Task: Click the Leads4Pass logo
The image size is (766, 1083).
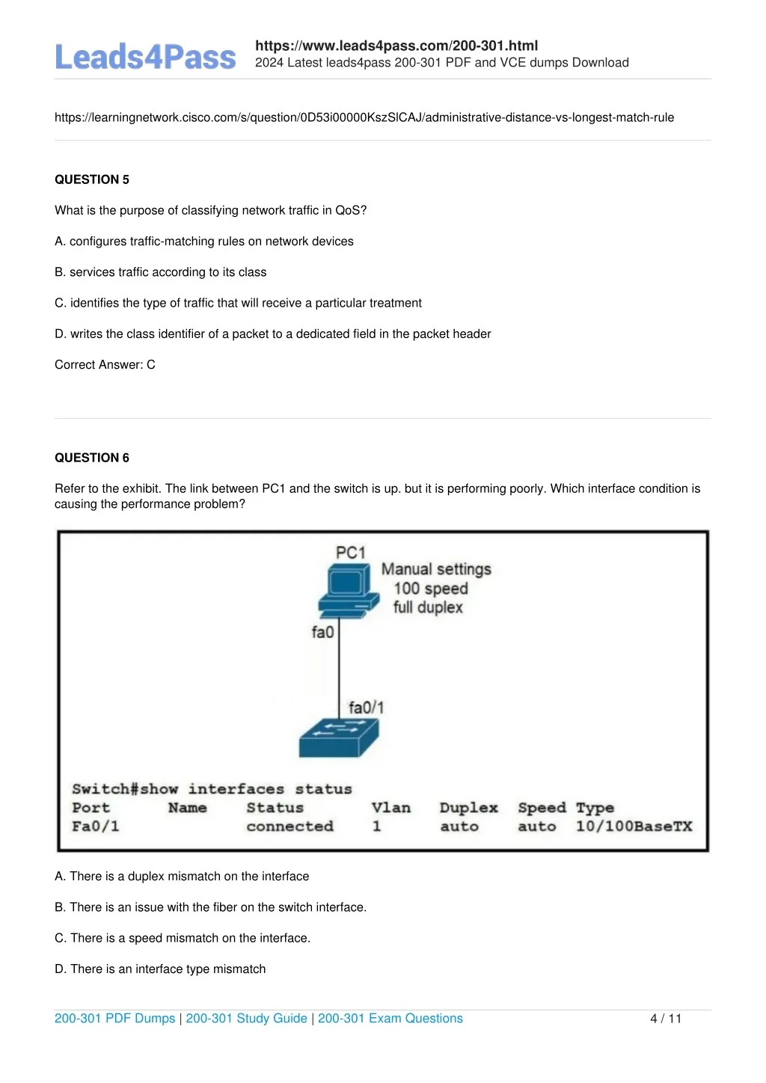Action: pos(145,58)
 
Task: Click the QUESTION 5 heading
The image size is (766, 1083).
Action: pos(92,180)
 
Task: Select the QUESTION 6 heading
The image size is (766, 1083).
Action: pos(92,458)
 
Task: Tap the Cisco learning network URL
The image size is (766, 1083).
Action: pos(364,117)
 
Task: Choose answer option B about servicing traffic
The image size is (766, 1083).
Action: pos(161,272)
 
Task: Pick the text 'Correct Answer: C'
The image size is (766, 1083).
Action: pos(105,365)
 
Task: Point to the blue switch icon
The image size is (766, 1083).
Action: pos(339,737)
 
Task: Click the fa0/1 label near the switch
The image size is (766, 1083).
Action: pos(366,708)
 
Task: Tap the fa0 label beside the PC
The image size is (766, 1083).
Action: pos(322,633)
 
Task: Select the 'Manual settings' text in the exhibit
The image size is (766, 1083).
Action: pos(436,569)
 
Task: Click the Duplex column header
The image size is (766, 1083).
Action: pos(468,808)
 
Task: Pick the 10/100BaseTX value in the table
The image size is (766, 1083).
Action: pos(634,826)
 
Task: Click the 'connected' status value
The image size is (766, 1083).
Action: pos(289,826)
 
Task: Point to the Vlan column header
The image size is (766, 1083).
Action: pos(390,808)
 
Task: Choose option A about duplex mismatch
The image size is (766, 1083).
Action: pos(182,877)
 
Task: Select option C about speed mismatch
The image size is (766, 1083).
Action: pos(183,938)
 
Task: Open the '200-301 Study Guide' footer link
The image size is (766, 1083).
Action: pos(246,1019)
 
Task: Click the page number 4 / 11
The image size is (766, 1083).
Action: pos(666,1019)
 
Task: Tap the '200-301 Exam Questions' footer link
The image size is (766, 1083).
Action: pos(390,1019)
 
